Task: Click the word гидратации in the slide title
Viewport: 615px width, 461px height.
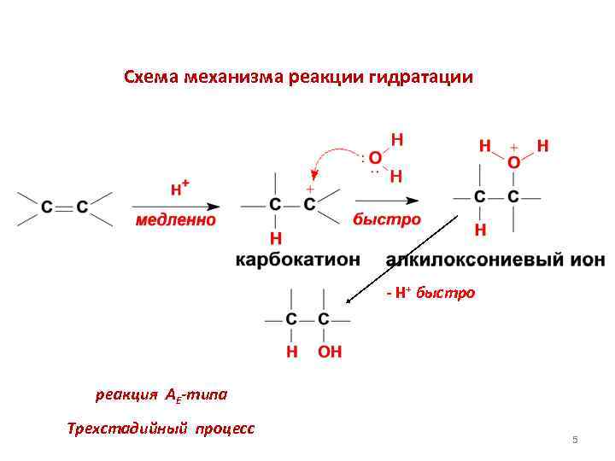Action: point(421,78)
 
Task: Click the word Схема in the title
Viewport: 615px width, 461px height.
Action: point(151,78)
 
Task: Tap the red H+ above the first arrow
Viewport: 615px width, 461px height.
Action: point(179,190)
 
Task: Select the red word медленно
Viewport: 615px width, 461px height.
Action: point(176,220)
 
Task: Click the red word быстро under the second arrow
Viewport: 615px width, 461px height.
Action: point(387,219)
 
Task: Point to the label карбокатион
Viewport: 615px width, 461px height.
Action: point(298,258)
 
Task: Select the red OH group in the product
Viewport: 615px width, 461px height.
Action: point(330,351)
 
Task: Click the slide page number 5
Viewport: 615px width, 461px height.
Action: point(575,440)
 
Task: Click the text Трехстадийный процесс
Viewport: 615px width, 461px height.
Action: point(161,428)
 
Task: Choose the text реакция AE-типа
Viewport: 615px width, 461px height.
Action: point(161,395)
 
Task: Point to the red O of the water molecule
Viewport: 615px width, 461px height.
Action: point(376,159)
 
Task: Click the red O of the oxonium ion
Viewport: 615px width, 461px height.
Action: point(513,162)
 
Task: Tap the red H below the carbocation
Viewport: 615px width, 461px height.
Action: point(275,236)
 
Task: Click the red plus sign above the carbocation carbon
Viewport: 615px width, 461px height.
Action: point(309,188)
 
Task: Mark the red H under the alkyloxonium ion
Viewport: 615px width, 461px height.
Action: point(480,230)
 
